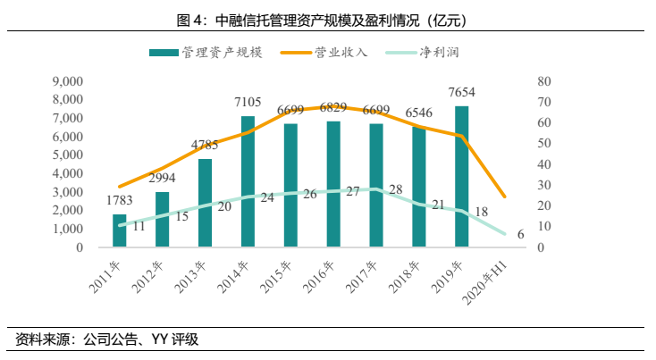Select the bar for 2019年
pos(461,176)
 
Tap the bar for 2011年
pos(120,230)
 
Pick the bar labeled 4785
pos(205,203)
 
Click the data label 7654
pos(462,95)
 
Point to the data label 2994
pos(162,178)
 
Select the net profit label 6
pos(520,234)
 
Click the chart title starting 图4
pos(327,18)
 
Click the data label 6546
pos(419,113)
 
